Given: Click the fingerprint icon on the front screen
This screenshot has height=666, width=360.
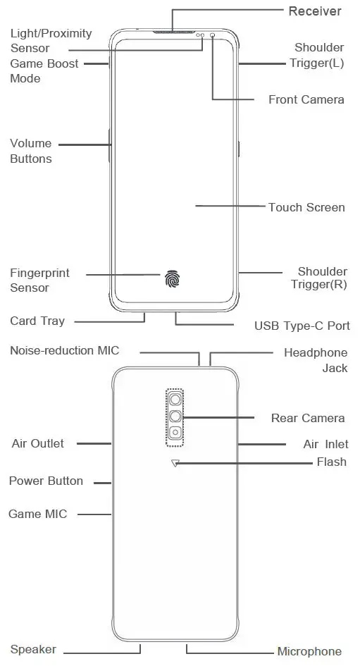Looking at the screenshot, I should pyautogui.click(x=172, y=279).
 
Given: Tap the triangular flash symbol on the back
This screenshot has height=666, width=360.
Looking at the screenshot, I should pyautogui.click(x=175, y=463).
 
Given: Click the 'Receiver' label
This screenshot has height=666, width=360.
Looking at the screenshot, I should pyautogui.click(x=314, y=11).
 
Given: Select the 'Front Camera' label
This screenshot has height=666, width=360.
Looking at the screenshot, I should pyautogui.click(x=306, y=99).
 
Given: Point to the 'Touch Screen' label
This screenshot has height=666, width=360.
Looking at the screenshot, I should pyautogui.click(x=306, y=207).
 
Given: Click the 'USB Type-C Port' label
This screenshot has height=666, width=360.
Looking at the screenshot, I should pyautogui.click(x=302, y=326).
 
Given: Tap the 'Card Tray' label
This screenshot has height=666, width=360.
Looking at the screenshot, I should pyautogui.click(x=37, y=321).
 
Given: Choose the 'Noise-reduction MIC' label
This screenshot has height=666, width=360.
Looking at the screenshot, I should pyautogui.click(x=65, y=350).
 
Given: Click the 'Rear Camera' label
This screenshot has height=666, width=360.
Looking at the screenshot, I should pyautogui.click(x=308, y=418).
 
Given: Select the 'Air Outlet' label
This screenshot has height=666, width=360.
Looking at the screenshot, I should pyautogui.click(x=37, y=443).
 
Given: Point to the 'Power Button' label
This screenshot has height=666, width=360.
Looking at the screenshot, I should pyautogui.click(x=46, y=481).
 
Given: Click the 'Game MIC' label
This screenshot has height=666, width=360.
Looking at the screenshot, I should pyautogui.click(x=38, y=514).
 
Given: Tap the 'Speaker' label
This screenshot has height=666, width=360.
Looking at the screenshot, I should pyautogui.click(x=33, y=649).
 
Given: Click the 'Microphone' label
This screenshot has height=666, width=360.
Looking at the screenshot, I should pyautogui.click(x=309, y=651).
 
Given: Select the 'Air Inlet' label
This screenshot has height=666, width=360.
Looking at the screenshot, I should pyautogui.click(x=325, y=444).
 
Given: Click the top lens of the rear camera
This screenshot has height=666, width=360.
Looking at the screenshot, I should pyautogui.click(x=173, y=400).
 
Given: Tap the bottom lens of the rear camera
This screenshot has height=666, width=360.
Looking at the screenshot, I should pyautogui.click(x=173, y=433).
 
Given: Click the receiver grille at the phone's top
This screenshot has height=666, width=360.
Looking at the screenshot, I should pyautogui.click(x=172, y=32).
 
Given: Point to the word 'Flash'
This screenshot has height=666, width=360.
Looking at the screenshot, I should pyautogui.click(x=331, y=462).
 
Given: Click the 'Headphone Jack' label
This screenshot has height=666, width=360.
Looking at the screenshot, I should pyautogui.click(x=316, y=359).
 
